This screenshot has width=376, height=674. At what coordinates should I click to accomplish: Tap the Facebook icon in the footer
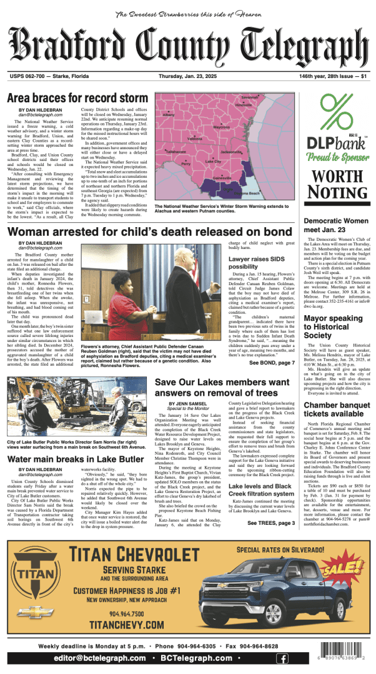click(x=282, y=658)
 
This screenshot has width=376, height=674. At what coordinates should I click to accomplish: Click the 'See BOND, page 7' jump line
click(x=272, y=363)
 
